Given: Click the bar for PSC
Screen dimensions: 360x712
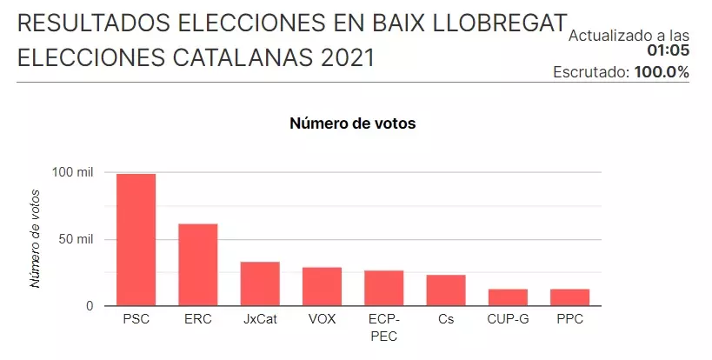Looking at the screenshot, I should tap(136, 240).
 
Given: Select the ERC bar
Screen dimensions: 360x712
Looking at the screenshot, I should tap(197, 265).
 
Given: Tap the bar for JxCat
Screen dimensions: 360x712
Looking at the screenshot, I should tap(260, 284).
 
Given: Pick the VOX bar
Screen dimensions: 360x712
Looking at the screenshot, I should tap(322, 287).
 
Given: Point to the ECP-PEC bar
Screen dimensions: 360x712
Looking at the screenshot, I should tap(383, 289).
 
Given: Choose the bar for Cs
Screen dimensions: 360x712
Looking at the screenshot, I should tap(446, 290).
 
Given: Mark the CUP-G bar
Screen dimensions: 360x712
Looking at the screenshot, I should tap(508, 297).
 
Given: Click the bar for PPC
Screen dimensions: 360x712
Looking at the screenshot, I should tap(569, 297).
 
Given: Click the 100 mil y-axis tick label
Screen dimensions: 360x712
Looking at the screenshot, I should tap(72, 173).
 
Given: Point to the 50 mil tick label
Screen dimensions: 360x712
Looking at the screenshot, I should tap(76, 239).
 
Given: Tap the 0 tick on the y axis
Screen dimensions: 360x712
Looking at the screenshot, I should tap(89, 306).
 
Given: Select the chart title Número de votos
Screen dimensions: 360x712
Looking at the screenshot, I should tap(352, 123).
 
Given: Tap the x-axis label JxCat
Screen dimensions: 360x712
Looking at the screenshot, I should tap(260, 320).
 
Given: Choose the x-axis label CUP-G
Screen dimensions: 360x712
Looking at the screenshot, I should tap(508, 320).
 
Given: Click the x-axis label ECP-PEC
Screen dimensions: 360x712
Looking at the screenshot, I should tap(383, 328).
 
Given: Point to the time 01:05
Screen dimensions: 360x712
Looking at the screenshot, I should tap(668, 50).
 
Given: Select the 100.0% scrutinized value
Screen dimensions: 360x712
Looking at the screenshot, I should tap(662, 72).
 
